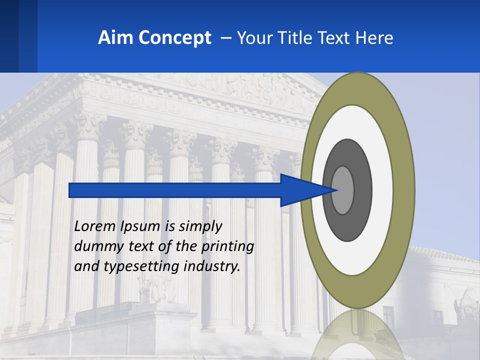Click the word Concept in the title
(174, 38)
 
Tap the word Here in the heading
(374, 38)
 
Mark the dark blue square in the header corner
(9, 36)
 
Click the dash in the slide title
(225, 38)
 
